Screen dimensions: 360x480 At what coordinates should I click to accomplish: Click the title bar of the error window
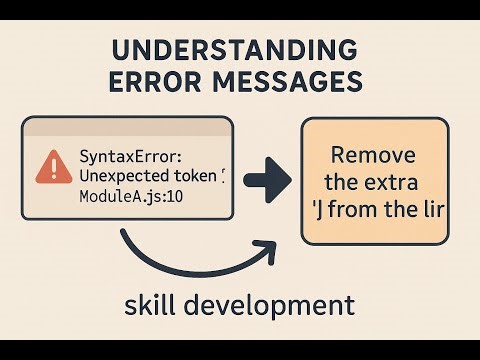click(127, 126)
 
